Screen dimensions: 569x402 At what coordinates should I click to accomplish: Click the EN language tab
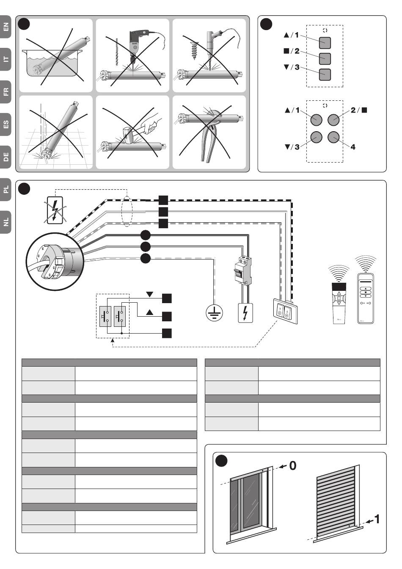(6, 28)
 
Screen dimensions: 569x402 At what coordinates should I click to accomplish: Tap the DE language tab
(6, 157)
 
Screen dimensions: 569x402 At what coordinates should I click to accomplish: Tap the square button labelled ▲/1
(325, 43)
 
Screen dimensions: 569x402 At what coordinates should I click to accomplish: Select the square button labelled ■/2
(325, 58)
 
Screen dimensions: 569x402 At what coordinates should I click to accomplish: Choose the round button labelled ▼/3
(316, 137)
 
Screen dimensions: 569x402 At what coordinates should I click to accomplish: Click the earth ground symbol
(214, 313)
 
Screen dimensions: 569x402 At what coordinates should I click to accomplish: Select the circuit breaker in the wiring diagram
(242, 271)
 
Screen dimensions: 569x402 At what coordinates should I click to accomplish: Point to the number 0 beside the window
(292, 466)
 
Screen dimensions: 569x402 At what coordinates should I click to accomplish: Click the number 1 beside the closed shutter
(377, 519)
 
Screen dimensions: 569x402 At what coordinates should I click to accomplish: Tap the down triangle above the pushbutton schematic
(150, 294)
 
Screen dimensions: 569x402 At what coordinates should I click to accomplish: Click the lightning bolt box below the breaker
(245, 313)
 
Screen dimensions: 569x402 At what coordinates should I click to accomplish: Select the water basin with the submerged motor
(54, 64)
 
